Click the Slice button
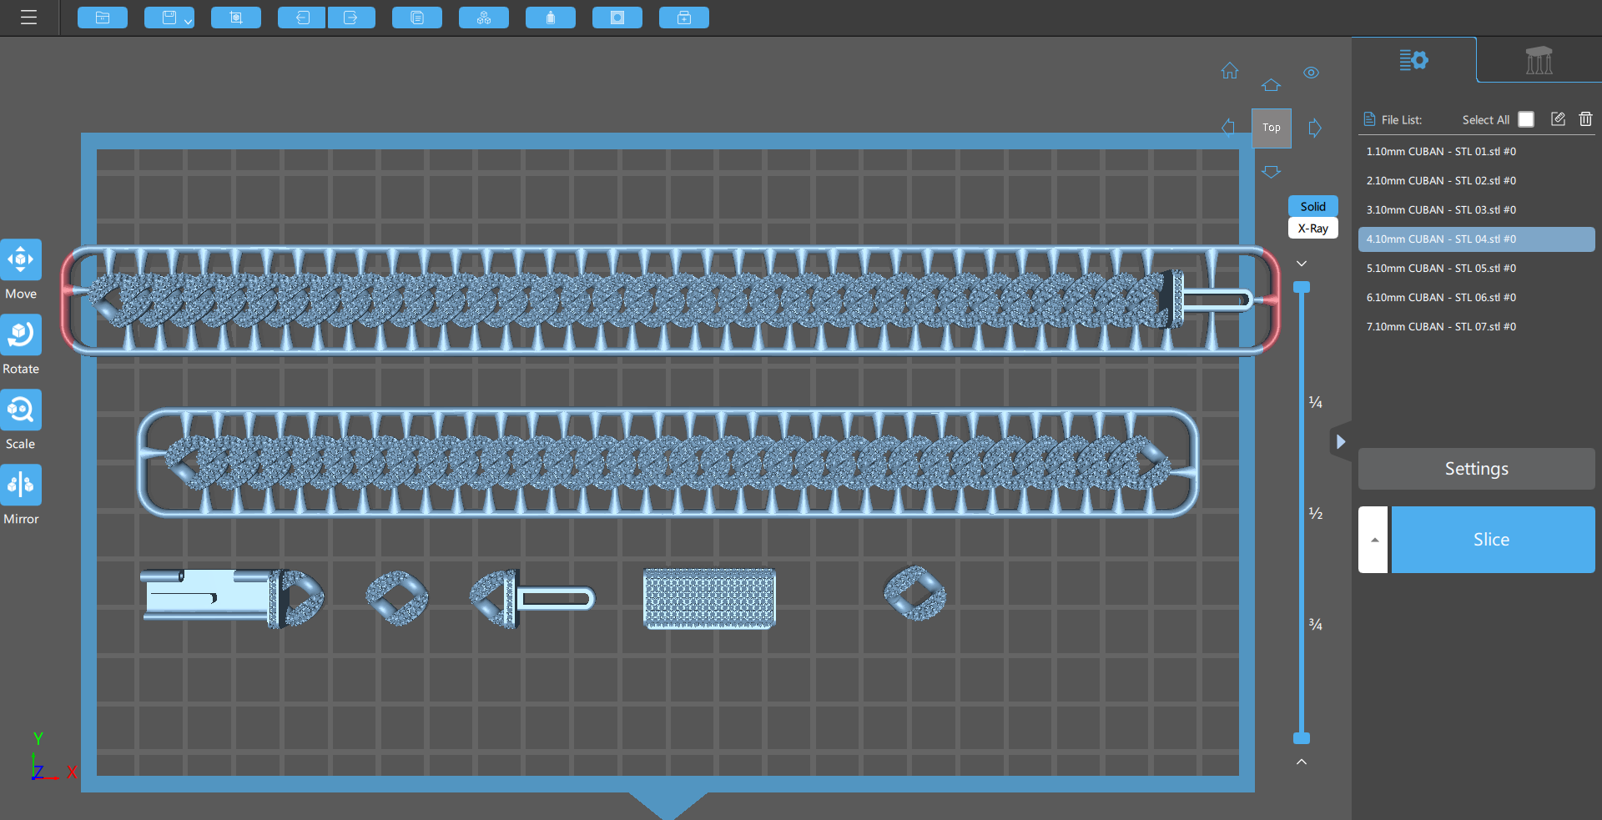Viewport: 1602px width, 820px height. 1493,540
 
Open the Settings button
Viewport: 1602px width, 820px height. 1477,469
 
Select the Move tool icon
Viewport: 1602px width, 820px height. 21,259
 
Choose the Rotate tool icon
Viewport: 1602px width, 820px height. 21,335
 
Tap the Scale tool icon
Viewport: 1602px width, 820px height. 21,410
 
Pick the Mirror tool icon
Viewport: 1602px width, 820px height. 21,485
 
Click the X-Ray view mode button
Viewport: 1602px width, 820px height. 1313,229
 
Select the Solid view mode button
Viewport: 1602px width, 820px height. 1313,206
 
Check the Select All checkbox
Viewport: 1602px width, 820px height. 1526,119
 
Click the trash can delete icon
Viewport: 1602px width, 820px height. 1585,119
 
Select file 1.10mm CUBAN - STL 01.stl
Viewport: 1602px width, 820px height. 1441,152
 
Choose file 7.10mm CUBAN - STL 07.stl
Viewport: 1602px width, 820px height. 1441,327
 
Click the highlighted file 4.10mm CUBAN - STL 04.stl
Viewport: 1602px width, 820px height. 1441,239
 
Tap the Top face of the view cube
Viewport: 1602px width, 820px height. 1272,128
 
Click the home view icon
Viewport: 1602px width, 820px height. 1230,71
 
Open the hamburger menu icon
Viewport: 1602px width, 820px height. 29,18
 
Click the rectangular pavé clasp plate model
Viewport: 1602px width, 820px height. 709,598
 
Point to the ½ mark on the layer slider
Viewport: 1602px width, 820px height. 1316,513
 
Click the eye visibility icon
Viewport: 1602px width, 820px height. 1312,73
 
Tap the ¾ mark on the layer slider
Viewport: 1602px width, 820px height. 1316,624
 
